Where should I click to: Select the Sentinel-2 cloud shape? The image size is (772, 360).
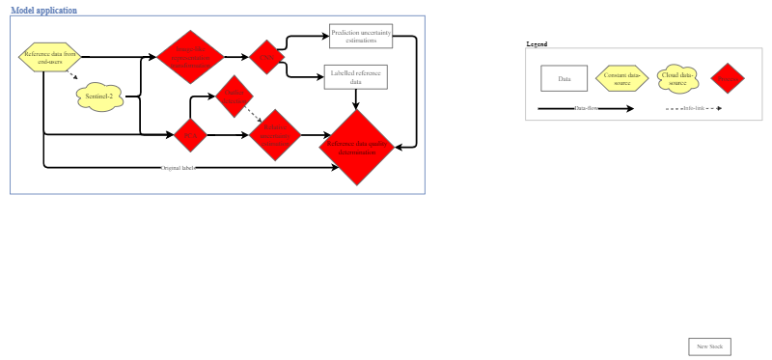pyautogui.click(x=99, y=97)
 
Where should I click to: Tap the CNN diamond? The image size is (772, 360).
pyautogui.click(x=264, y=56)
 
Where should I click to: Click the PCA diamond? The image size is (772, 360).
pyautogui.click(x=190, y=135)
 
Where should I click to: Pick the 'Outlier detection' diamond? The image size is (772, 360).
pyautogui.click(x=234, y=95)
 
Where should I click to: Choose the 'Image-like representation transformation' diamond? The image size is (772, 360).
pyautogui.click(x=190, y=57)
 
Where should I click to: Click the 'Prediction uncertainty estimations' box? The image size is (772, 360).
pyautogui.click(x=361, y=36)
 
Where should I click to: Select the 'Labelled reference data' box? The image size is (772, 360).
pyautogui.click(x=356, y=77)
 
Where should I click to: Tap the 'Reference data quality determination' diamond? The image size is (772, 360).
pyautogui.click(x=356, y=147)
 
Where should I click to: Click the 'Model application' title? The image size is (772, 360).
pyautogui.click(x=43, y=11)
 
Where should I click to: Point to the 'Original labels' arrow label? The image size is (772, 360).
pyautogui.click(x=179, y=168)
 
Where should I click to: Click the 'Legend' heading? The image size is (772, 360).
pyautogui.click(x=537, y=44)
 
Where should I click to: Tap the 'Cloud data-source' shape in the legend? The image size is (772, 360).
pyautogui.click(x=677, y=78)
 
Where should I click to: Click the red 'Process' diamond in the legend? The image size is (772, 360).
pyautogui.click(x=729, y=78)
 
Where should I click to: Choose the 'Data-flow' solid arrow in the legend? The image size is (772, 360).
pyautogui.click(x=586, y=108)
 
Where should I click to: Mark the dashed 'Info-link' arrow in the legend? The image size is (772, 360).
pyautogui.click(x=694, y=108)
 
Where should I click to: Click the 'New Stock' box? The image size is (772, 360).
pyautogui.click(x=709, y=346)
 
